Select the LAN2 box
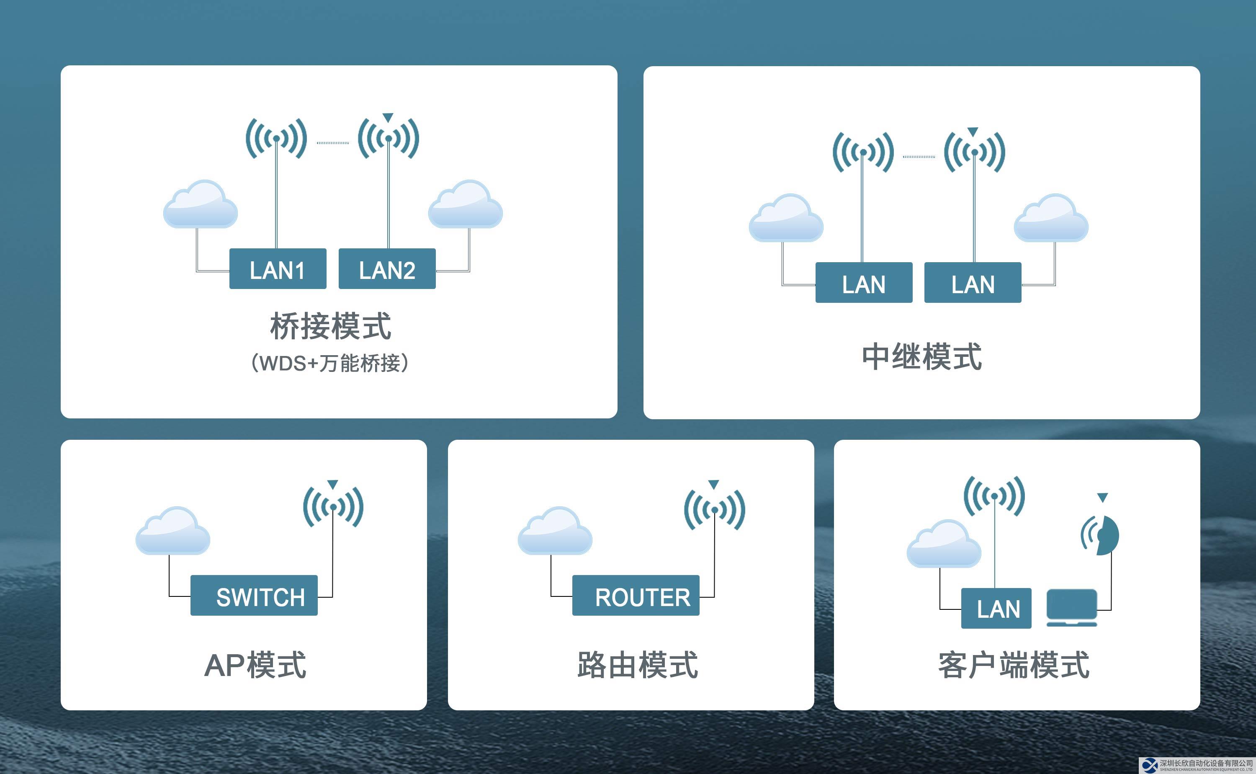[387, 269]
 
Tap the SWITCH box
[254, 595]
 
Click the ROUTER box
[636, 595]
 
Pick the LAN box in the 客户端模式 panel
[996, 608]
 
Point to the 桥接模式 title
[330, 326]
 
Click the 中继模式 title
[921, 356]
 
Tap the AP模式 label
[255, 665]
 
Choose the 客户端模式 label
[1014, 665]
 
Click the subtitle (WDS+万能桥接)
[330, 363]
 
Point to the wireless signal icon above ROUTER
[715, 509]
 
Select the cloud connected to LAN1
[201, 205]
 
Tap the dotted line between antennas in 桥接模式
[332, 143]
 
